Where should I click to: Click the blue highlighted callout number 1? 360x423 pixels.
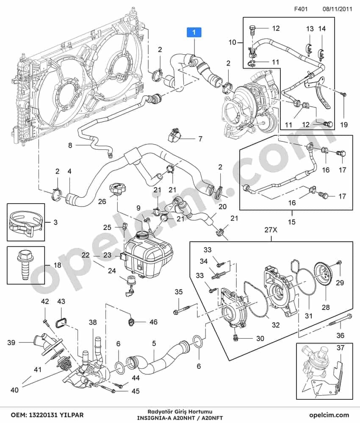(x=194, y=32)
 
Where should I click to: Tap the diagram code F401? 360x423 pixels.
(x=301, y=9)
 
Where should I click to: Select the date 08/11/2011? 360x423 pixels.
(x=337, y=9)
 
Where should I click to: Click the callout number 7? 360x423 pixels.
(x=200, y=138)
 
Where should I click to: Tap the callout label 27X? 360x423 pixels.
(x=271, y=230)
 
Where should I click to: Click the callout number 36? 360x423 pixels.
(x=340, y=335)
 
